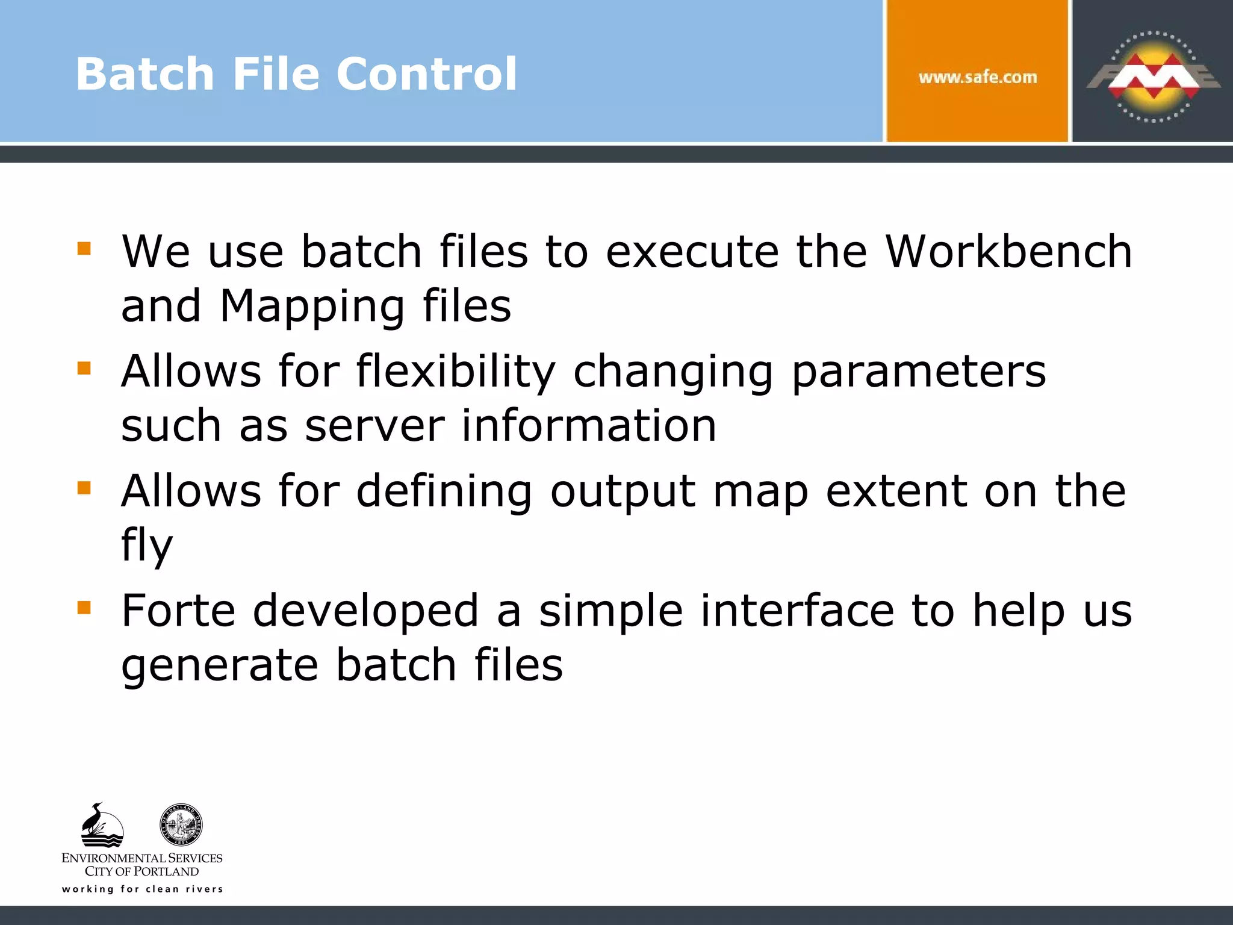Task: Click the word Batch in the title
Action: (x=144, y=74)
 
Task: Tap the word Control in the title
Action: (x=426, y=74)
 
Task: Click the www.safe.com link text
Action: (x=978, y=77)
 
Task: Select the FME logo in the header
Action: (x=1153, y=76)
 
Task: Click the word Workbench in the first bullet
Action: (x=1009, y=251)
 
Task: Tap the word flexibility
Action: (x=456, y=372)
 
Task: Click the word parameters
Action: (x=919, y=372)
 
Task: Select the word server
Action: (x=374, y=426)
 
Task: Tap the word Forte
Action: (x=178, y=611)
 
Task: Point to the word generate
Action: (x=219, y=665)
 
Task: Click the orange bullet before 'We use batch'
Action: (x=84, y=248)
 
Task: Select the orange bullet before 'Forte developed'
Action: (x=84, y=608)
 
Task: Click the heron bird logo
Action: (x=102, y=825)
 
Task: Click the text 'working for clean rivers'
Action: (x=143, y=889)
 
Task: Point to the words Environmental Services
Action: (x=142, y=858)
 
